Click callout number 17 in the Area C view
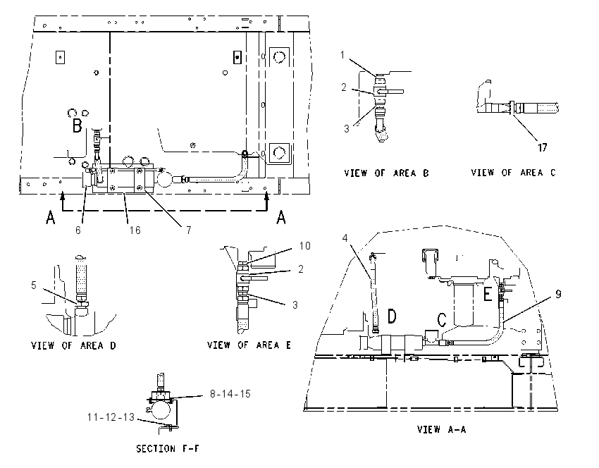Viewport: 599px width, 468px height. [x=543, y=147]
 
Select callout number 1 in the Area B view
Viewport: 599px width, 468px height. [x=342, y=55]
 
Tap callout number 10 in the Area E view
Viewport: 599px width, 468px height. [x=305, y=246]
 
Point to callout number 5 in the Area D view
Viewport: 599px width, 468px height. [x=34, y=285]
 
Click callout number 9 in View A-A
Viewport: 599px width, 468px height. [x=558, y=294]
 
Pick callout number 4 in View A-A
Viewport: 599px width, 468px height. [x=345, y=238]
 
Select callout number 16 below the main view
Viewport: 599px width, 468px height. [x=135, y=230]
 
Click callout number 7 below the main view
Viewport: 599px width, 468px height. [x=189, y=230]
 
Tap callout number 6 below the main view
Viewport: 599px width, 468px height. [x=78, y=230]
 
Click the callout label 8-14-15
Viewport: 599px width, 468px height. [x=230, y=394]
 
